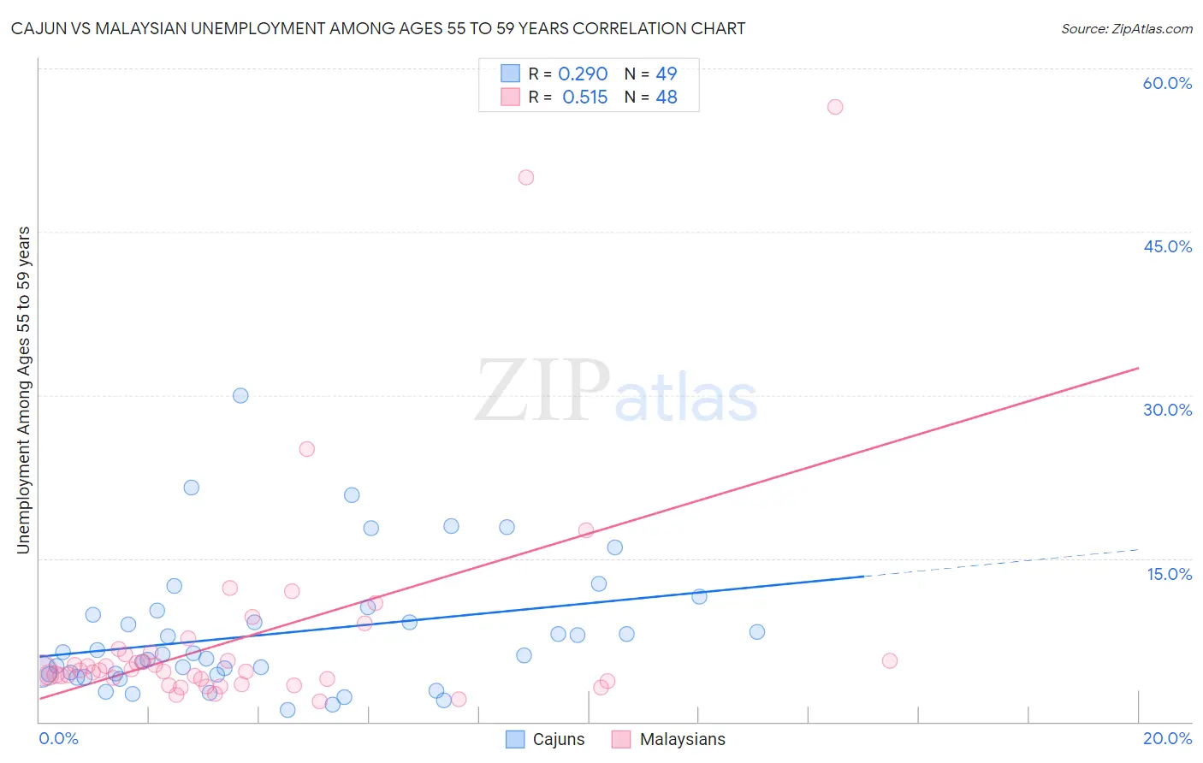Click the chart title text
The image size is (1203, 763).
[x=377, y=28]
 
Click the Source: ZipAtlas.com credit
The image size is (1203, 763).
[x=1126, y=28]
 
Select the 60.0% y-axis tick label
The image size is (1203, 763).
[x=1167, y=83]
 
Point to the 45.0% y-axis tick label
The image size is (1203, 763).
[x=1167, y=246]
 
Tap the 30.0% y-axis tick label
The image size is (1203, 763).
[x=1167, y=410]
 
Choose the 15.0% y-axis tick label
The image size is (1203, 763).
[x=1169, y=574]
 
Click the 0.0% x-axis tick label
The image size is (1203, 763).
[x=58, y=738]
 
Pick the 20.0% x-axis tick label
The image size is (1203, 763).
[x=1167, y=738]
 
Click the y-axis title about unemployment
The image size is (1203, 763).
[x=24, y=389]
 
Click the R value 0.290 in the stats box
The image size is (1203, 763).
[x=583, y=74]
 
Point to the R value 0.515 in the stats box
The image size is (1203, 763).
[x=584, y=97]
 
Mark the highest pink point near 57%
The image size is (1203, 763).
[x=835, y=107]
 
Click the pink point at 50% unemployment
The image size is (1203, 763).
[x=526, y=178]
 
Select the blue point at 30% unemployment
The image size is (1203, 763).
[x=240, y=395]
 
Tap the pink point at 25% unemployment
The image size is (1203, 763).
[x=307, y=449]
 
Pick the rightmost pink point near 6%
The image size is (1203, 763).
[x=890, y=660]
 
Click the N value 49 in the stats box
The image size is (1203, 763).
[x=667, y=74]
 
